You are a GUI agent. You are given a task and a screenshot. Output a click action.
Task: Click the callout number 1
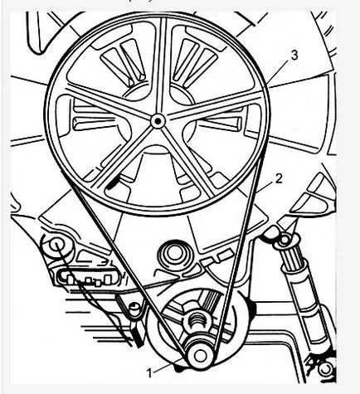tap(149, 373)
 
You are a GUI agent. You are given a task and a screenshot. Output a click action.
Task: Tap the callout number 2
tap(279, 179)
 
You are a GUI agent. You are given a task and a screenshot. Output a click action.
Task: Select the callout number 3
tap(294, 55)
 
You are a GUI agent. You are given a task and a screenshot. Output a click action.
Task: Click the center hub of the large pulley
tap(158, 121)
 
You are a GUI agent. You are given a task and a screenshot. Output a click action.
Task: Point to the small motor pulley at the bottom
tap(200, 356)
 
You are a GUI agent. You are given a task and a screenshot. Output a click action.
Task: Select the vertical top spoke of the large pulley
tap(163, 66)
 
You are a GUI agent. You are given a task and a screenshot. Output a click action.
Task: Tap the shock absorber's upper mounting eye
tap(284, 241)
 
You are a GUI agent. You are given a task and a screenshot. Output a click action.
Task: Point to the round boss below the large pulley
tap(174, 255)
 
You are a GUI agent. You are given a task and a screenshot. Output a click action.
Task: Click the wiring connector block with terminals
tap(88, 279)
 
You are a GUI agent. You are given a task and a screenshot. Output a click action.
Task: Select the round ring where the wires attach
tap(56, 246)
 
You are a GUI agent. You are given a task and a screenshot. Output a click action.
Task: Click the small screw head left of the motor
tap(134, 307)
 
